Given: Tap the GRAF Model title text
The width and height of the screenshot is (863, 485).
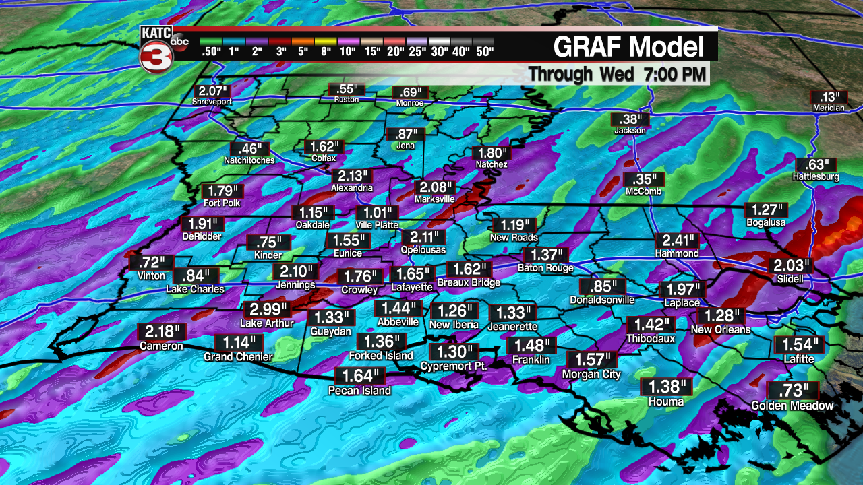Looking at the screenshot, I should coord(628,47).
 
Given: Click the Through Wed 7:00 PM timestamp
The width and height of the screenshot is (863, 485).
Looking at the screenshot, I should coord(617,74).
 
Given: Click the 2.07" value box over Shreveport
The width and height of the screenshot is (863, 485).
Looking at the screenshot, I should coord(212,91).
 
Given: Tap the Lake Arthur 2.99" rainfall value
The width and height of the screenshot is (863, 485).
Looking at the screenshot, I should coord(268,310).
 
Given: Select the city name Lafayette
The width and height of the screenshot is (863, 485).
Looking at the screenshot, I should coord(412,287).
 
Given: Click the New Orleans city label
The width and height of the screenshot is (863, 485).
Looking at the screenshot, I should coord(721,330).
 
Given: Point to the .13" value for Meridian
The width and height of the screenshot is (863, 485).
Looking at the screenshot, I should coord(828,97).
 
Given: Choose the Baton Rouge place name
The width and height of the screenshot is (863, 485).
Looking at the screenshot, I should coord(545,268).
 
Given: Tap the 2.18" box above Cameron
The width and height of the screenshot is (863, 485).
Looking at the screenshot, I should coord(161,332).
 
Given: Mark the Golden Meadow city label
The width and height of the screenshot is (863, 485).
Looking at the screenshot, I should coord(793,406).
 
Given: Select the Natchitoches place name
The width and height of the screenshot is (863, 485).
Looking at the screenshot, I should coord(249,160).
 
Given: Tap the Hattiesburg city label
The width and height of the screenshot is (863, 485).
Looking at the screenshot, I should coord(816,177).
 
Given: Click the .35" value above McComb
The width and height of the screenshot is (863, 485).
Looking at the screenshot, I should coord(644,180).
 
